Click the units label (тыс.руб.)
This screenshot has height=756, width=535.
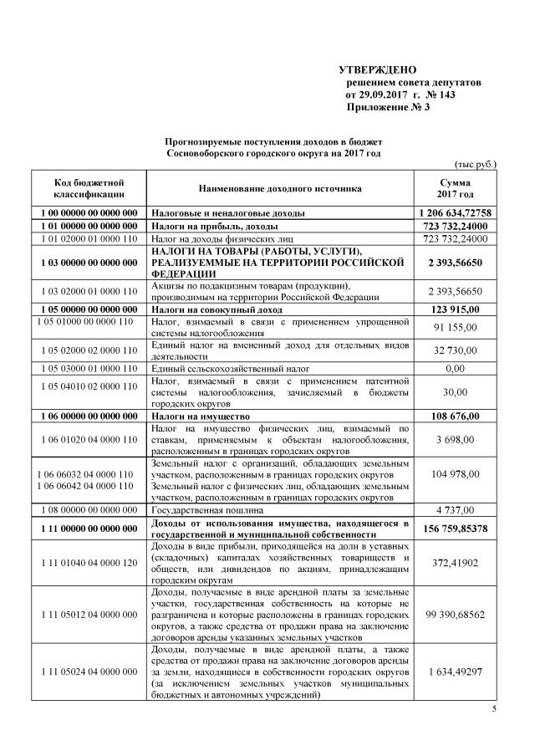click(474, 164)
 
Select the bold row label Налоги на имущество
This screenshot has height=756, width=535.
click(197, 415)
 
